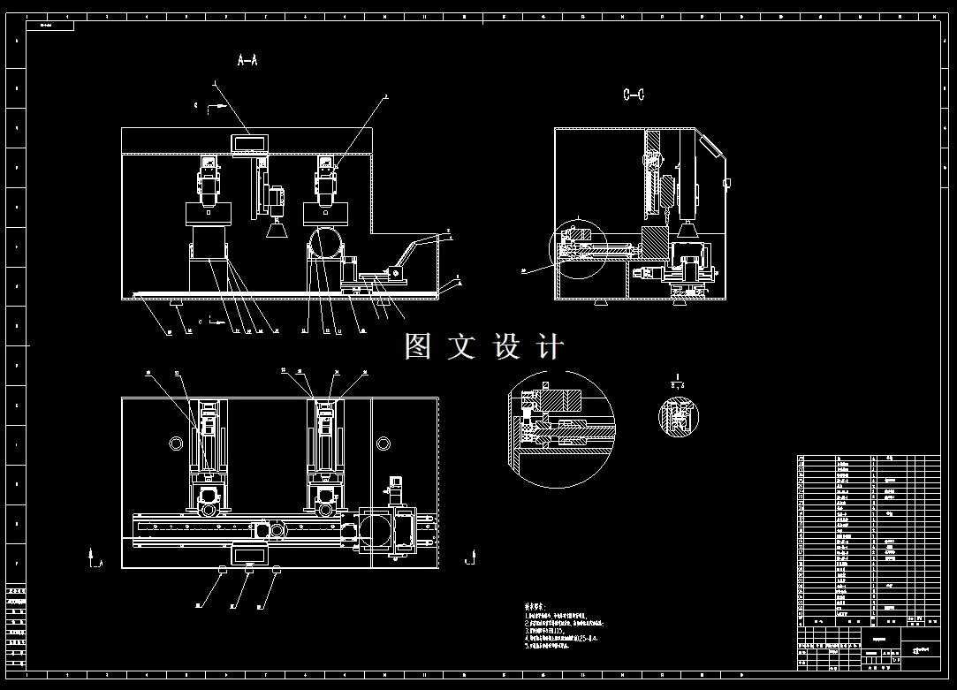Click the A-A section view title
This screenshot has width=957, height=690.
click(x=247, y=61)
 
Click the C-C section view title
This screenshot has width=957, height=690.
click(x=634, y=95)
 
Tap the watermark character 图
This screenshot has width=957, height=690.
click(x=418, y=346)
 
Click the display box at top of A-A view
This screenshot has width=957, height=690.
click(x=251, y=141)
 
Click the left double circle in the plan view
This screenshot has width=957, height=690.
click(x=172, y=442)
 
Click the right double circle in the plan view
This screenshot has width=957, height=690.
click(x=384, y=442)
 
